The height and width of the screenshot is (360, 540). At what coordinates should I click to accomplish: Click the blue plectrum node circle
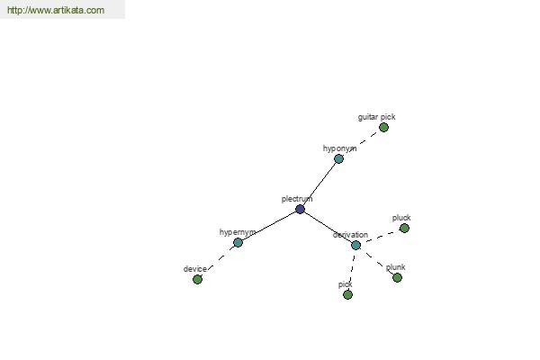coord(300,209)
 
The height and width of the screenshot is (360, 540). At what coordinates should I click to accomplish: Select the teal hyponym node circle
coord(339,158)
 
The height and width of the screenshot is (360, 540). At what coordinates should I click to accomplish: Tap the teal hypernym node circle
coord(238,242)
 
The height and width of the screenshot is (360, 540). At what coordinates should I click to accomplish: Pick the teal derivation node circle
coord(356,246)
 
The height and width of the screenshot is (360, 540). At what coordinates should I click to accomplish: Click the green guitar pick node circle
coord(384,128)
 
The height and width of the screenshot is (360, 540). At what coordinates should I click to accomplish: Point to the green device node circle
coord(197,279)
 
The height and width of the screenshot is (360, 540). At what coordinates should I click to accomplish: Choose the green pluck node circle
coord(404,228)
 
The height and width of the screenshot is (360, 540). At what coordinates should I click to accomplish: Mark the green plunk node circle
coord(398,278)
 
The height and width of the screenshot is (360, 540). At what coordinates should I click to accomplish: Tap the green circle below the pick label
coord(347,295)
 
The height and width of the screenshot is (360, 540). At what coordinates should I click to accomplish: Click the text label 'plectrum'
coord(297,199)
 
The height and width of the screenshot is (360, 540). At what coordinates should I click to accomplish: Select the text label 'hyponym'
coord(339,148)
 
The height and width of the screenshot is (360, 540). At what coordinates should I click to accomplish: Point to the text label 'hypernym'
coord(238,232)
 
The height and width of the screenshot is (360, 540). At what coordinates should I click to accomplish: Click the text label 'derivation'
coord(350,235)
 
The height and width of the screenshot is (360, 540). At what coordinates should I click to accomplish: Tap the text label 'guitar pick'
coord(377,117)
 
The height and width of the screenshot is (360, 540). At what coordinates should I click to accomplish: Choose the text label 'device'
coord(195,269)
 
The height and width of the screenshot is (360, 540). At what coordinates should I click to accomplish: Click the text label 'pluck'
coord(401,218)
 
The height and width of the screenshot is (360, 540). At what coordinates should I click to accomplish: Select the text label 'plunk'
coord(395,267)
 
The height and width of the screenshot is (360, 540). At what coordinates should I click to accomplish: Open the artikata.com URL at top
coord(56,10)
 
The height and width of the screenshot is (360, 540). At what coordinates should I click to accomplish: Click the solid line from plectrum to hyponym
coord(319,184)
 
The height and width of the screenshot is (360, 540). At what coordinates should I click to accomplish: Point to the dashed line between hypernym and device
coord(218,261)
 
